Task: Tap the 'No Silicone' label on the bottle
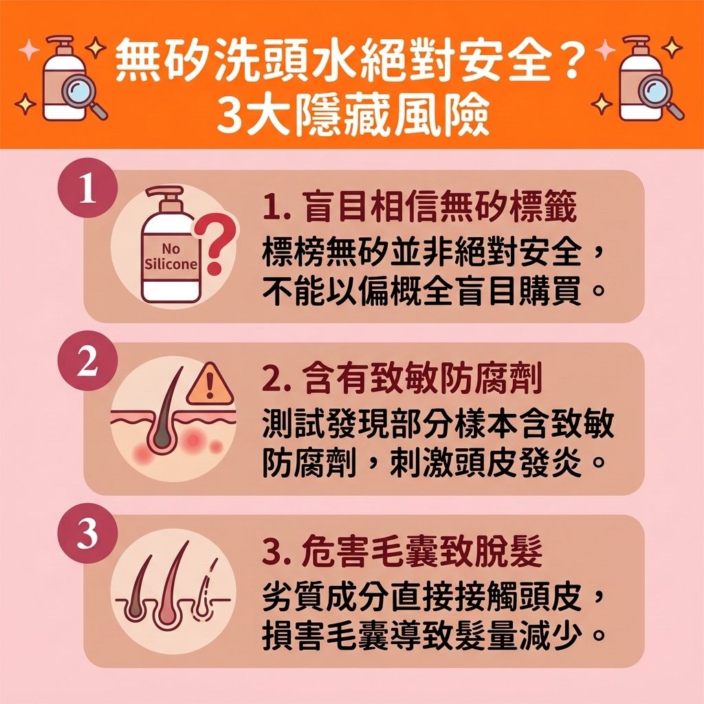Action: (171, 257)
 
